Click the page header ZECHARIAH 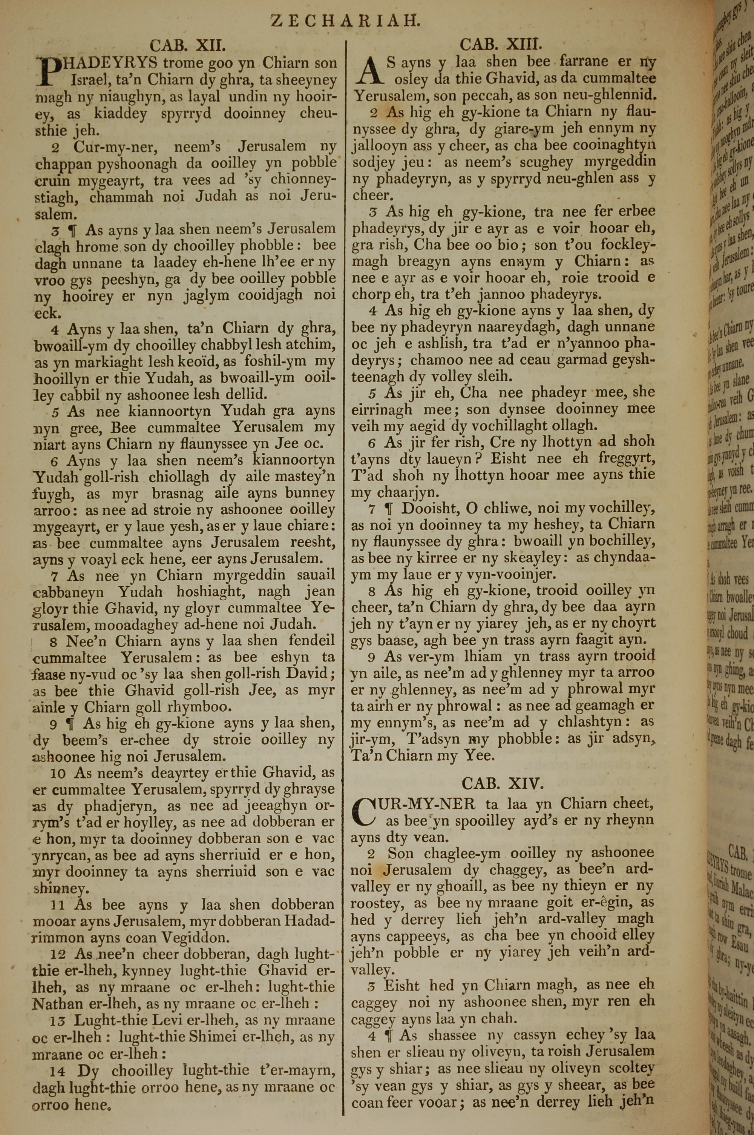coord(346,21)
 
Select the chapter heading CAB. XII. coord(187,46)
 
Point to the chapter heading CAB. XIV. coord(502,783)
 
